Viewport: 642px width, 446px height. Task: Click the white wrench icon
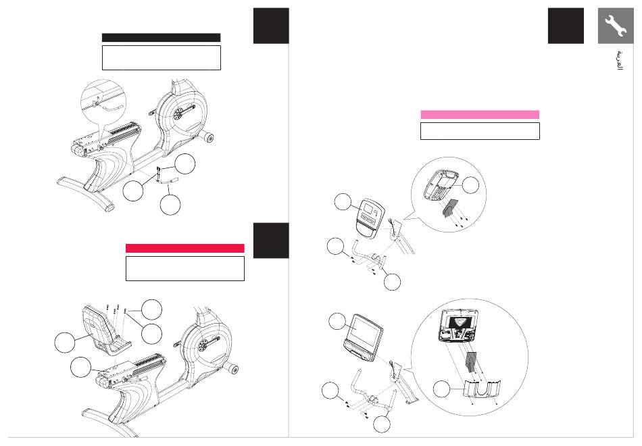tap(616, 26)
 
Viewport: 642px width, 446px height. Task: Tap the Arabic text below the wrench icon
tap(620, 61)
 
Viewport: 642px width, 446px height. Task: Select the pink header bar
tap(479, 115)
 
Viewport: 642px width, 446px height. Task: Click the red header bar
tap(184, 248)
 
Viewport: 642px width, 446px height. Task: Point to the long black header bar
tap(161, 38)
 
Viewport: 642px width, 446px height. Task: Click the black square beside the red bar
tap(271, 241)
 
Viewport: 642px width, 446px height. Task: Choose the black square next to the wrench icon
tap(566, 26)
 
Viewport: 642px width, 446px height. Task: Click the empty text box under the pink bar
tap(480, 131)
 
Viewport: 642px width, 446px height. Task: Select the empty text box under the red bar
tap(185, 269)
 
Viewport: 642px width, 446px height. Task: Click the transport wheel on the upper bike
tap(208, 138)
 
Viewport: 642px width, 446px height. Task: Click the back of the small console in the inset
tap(441, 186)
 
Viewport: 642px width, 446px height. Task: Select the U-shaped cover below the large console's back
tap(482, 389)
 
